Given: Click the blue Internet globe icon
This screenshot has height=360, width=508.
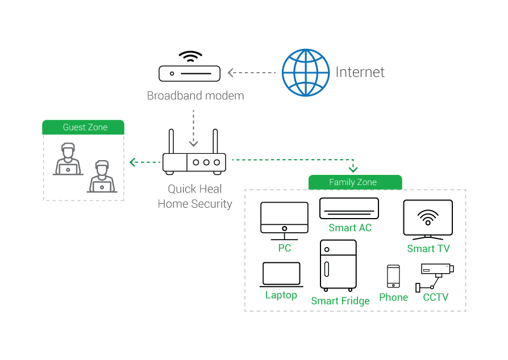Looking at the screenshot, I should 306,72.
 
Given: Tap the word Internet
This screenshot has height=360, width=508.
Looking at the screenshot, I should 360,72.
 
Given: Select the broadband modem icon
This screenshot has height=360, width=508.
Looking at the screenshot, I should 190,73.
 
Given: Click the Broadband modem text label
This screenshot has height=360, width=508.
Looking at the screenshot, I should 195,95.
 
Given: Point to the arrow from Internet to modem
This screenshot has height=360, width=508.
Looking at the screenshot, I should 251,73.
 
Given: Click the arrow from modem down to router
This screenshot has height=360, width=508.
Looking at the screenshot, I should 194,127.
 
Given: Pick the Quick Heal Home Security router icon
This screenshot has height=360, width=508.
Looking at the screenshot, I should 194,161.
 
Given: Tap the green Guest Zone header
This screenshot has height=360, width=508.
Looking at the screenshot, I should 84,127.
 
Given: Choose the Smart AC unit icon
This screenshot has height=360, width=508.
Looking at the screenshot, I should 349,208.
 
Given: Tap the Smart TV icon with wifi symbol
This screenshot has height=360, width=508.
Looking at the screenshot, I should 428,218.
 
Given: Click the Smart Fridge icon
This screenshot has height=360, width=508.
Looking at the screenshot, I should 339,265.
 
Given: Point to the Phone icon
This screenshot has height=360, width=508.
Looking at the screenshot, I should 393,277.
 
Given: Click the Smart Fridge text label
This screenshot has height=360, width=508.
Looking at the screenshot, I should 340,301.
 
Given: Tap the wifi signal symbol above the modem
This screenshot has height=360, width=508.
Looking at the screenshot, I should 190,56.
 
